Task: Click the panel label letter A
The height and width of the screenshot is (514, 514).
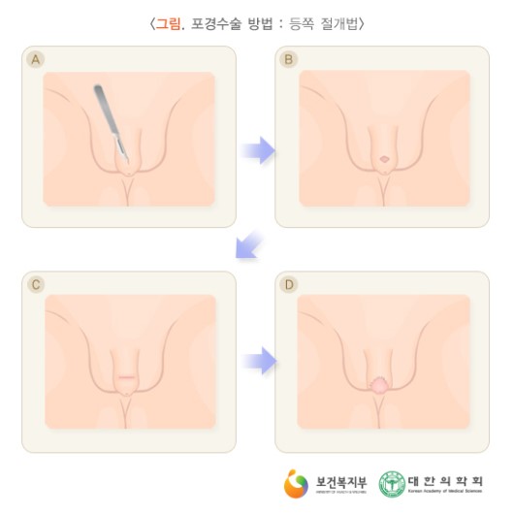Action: (36, 60)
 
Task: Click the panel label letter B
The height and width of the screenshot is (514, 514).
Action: (288, 60)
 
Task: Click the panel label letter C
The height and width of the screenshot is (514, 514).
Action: (36, 284)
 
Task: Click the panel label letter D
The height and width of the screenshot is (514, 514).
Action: (288, 284)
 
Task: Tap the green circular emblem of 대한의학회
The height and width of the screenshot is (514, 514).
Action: (392, 482)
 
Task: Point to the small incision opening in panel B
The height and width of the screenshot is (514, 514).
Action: (384, 159)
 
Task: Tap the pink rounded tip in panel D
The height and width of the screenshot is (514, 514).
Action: (379, 385)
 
